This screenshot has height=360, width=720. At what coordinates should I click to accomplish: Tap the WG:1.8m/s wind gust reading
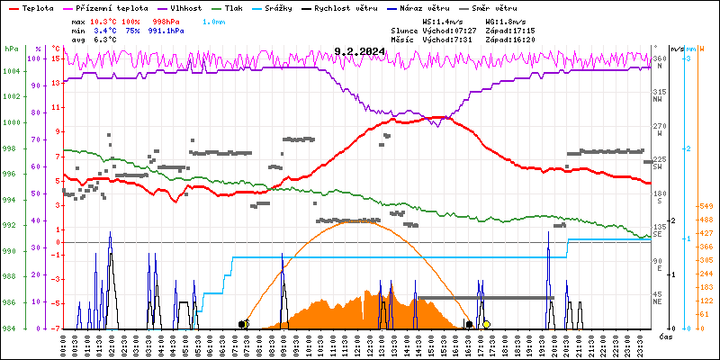503,19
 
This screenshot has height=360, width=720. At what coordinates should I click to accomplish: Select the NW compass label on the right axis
659,100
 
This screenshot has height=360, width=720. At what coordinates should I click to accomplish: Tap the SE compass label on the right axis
658,234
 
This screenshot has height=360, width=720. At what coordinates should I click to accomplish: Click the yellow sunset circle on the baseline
487,324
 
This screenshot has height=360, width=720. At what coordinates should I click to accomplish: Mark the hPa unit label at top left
11,49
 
